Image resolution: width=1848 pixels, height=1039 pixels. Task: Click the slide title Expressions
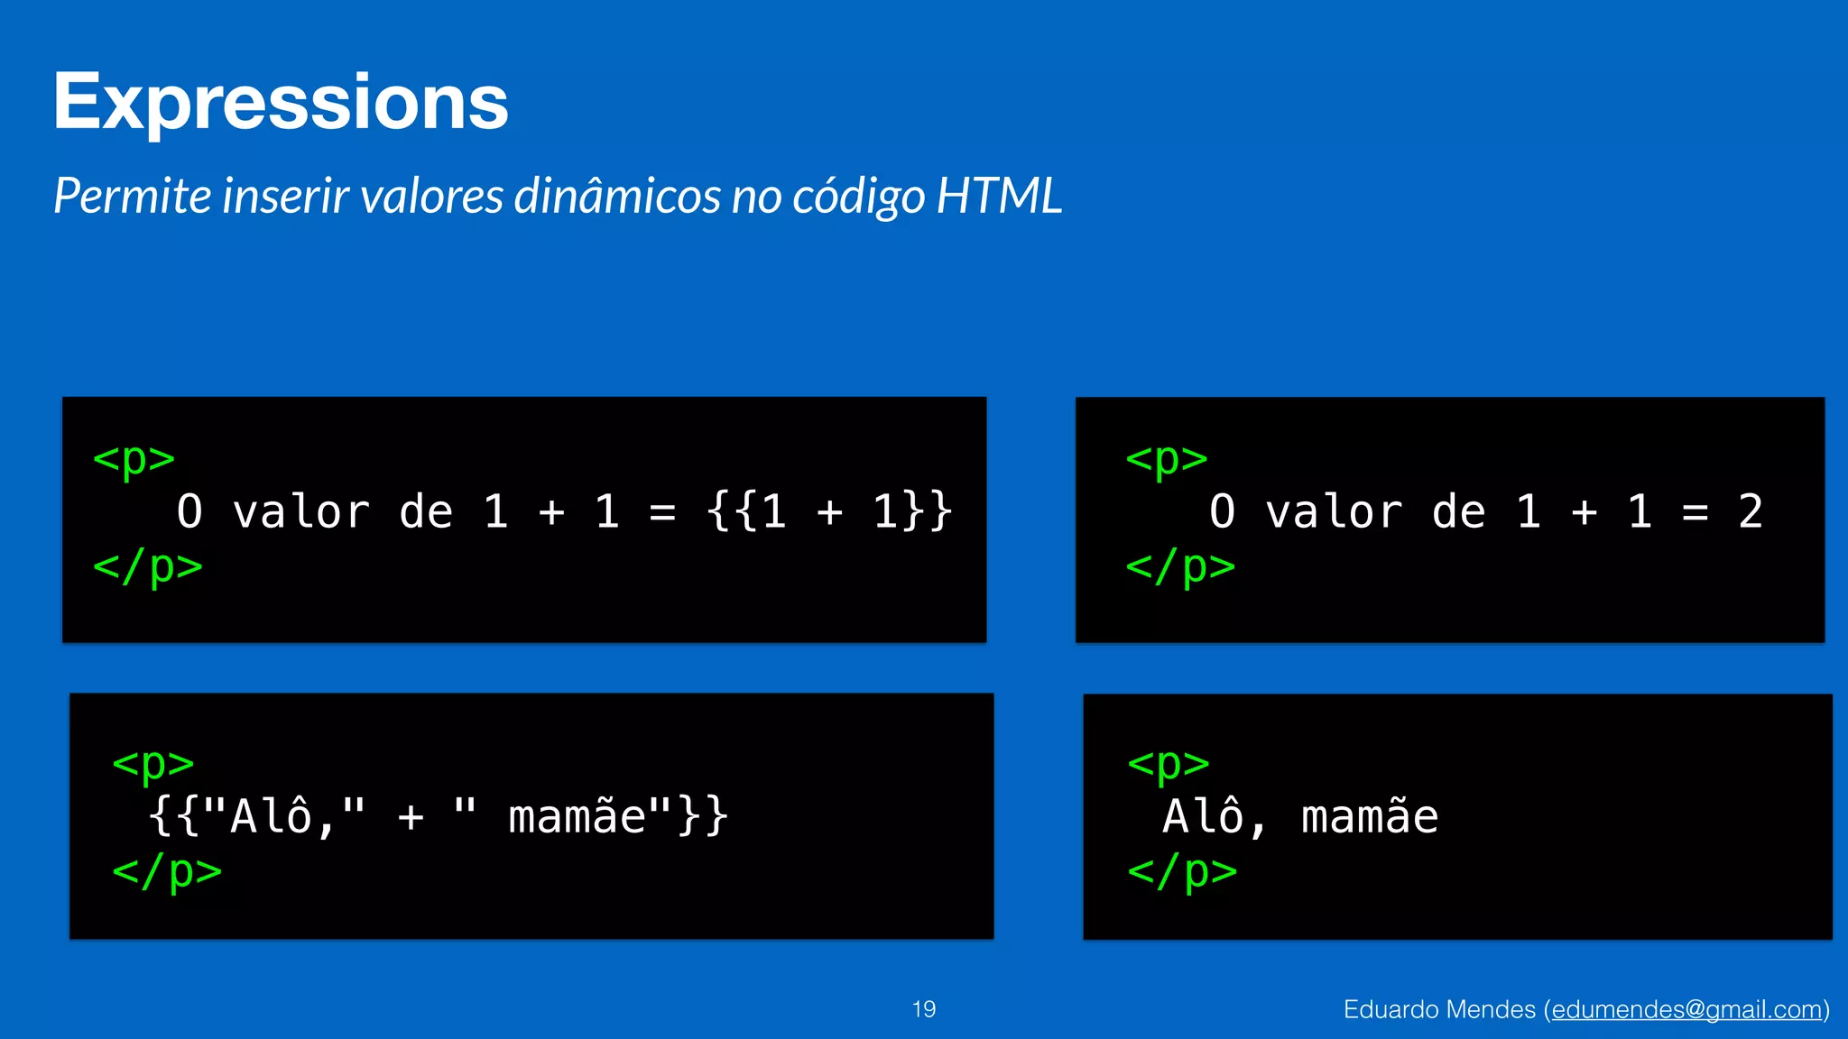(281, 102)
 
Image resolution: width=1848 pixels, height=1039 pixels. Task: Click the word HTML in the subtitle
(999, 196)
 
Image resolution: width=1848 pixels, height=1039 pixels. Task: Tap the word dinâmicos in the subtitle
(616, 196)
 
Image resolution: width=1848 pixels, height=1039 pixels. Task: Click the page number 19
(924, 1009)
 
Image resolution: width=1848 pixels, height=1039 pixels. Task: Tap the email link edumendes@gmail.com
(1686, 1009)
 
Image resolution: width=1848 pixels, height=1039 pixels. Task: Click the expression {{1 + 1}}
(829, 511)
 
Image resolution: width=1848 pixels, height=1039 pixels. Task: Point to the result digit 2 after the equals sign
(1751, 511)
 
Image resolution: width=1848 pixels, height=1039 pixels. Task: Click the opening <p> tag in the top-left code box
(134, 458)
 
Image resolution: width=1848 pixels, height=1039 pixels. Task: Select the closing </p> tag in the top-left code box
(148, 567)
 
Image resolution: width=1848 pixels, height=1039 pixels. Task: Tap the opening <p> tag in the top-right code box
(1166, 458)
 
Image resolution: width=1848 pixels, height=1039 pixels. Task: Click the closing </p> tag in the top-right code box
(1180, 567)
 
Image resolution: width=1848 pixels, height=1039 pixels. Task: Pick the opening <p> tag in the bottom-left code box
(152, 763)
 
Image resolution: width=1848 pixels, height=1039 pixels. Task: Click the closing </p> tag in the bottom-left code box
(167, 872)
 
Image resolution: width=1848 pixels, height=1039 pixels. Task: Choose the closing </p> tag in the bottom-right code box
(1182, 872)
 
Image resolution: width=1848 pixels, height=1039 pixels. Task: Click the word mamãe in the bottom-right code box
(1369, 817)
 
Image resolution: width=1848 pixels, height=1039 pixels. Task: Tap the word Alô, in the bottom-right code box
(1215, 817)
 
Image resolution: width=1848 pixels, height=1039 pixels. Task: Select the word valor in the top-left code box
(300, 511)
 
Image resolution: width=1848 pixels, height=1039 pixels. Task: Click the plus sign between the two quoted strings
(411, 817)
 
